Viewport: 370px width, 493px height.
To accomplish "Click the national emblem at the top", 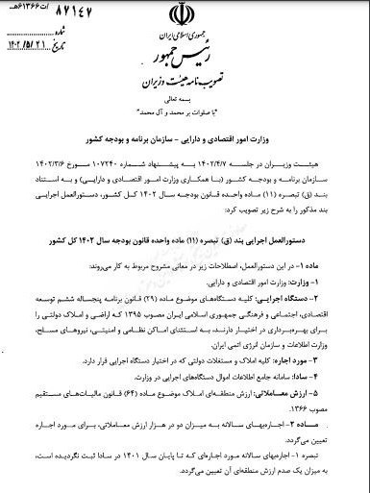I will (183, 18).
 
